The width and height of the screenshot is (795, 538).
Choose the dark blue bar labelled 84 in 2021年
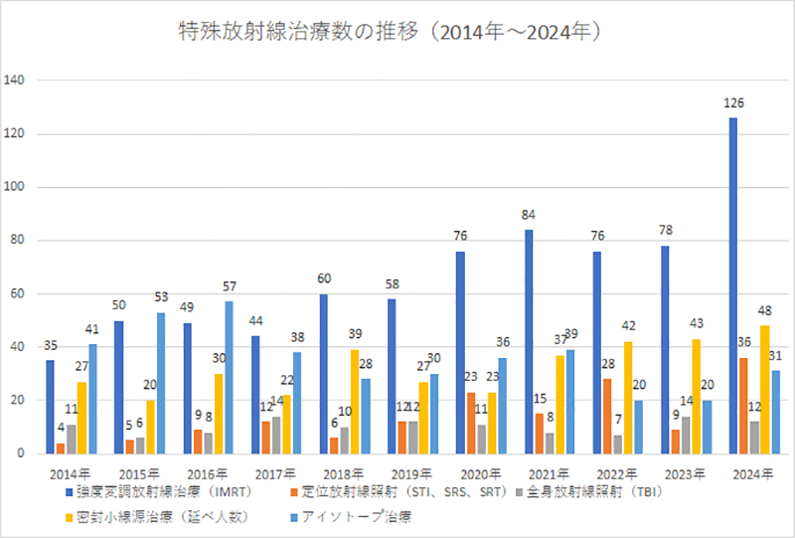529,342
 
